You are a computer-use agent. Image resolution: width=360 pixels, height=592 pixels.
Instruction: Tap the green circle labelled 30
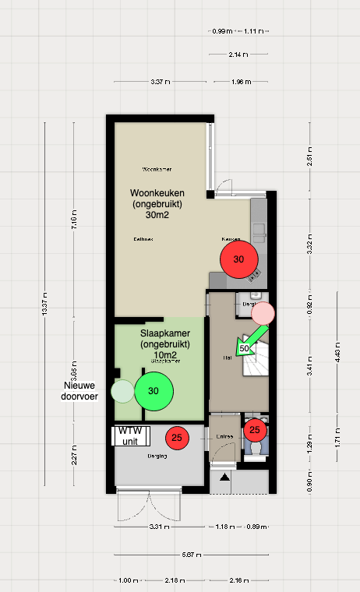tap(154, 391)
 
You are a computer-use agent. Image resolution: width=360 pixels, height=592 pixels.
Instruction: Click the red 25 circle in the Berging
tap(177, 438)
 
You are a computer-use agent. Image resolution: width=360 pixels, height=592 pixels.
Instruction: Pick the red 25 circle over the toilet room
tap(254, 429)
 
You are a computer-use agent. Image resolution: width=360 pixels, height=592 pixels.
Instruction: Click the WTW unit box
tap(129, 436)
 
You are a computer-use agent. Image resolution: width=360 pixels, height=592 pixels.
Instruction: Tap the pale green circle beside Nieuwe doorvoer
tap(122, 390)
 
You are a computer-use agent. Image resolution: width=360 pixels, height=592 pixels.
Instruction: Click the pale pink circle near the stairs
tap(263, 313)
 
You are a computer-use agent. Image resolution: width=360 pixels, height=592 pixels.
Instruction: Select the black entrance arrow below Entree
tap(225, 477)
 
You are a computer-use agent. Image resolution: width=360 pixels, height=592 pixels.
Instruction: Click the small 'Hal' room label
tap(227, 358)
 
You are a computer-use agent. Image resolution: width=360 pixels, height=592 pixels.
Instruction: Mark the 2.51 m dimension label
tap(309, 160)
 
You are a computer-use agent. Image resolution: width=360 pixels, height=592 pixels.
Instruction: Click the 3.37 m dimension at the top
tap(161, 81)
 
